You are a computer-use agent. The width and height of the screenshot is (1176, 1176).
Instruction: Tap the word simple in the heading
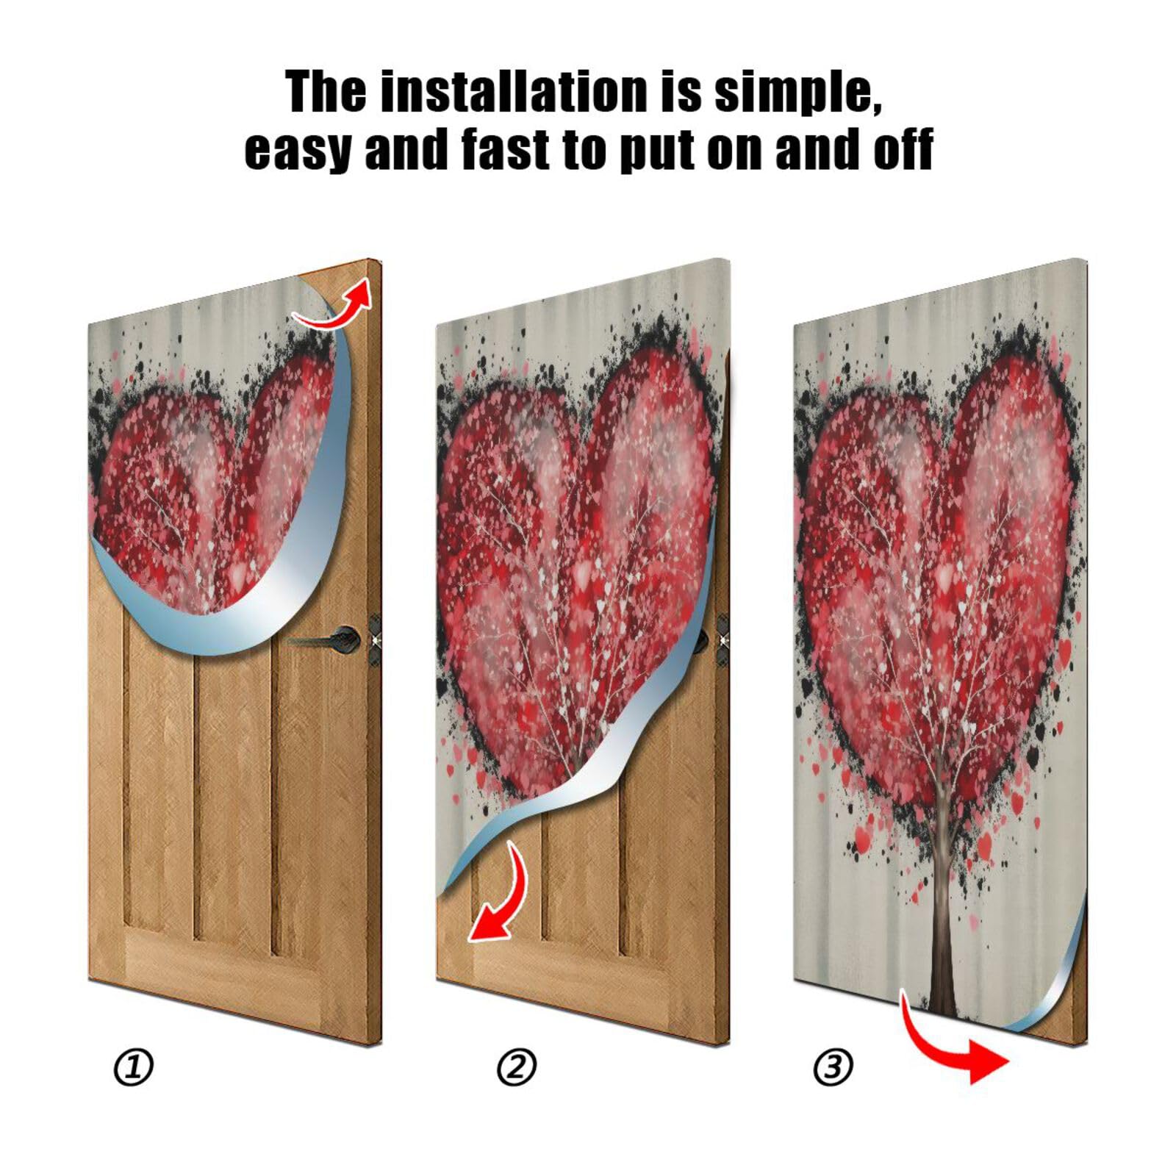click(798, 93)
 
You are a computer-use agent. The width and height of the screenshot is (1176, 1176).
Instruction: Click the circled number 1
click(133, 1067)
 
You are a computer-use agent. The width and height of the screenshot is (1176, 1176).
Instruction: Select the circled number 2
click(516, 1067)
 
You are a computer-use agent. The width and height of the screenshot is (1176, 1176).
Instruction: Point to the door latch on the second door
click(723, 638)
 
